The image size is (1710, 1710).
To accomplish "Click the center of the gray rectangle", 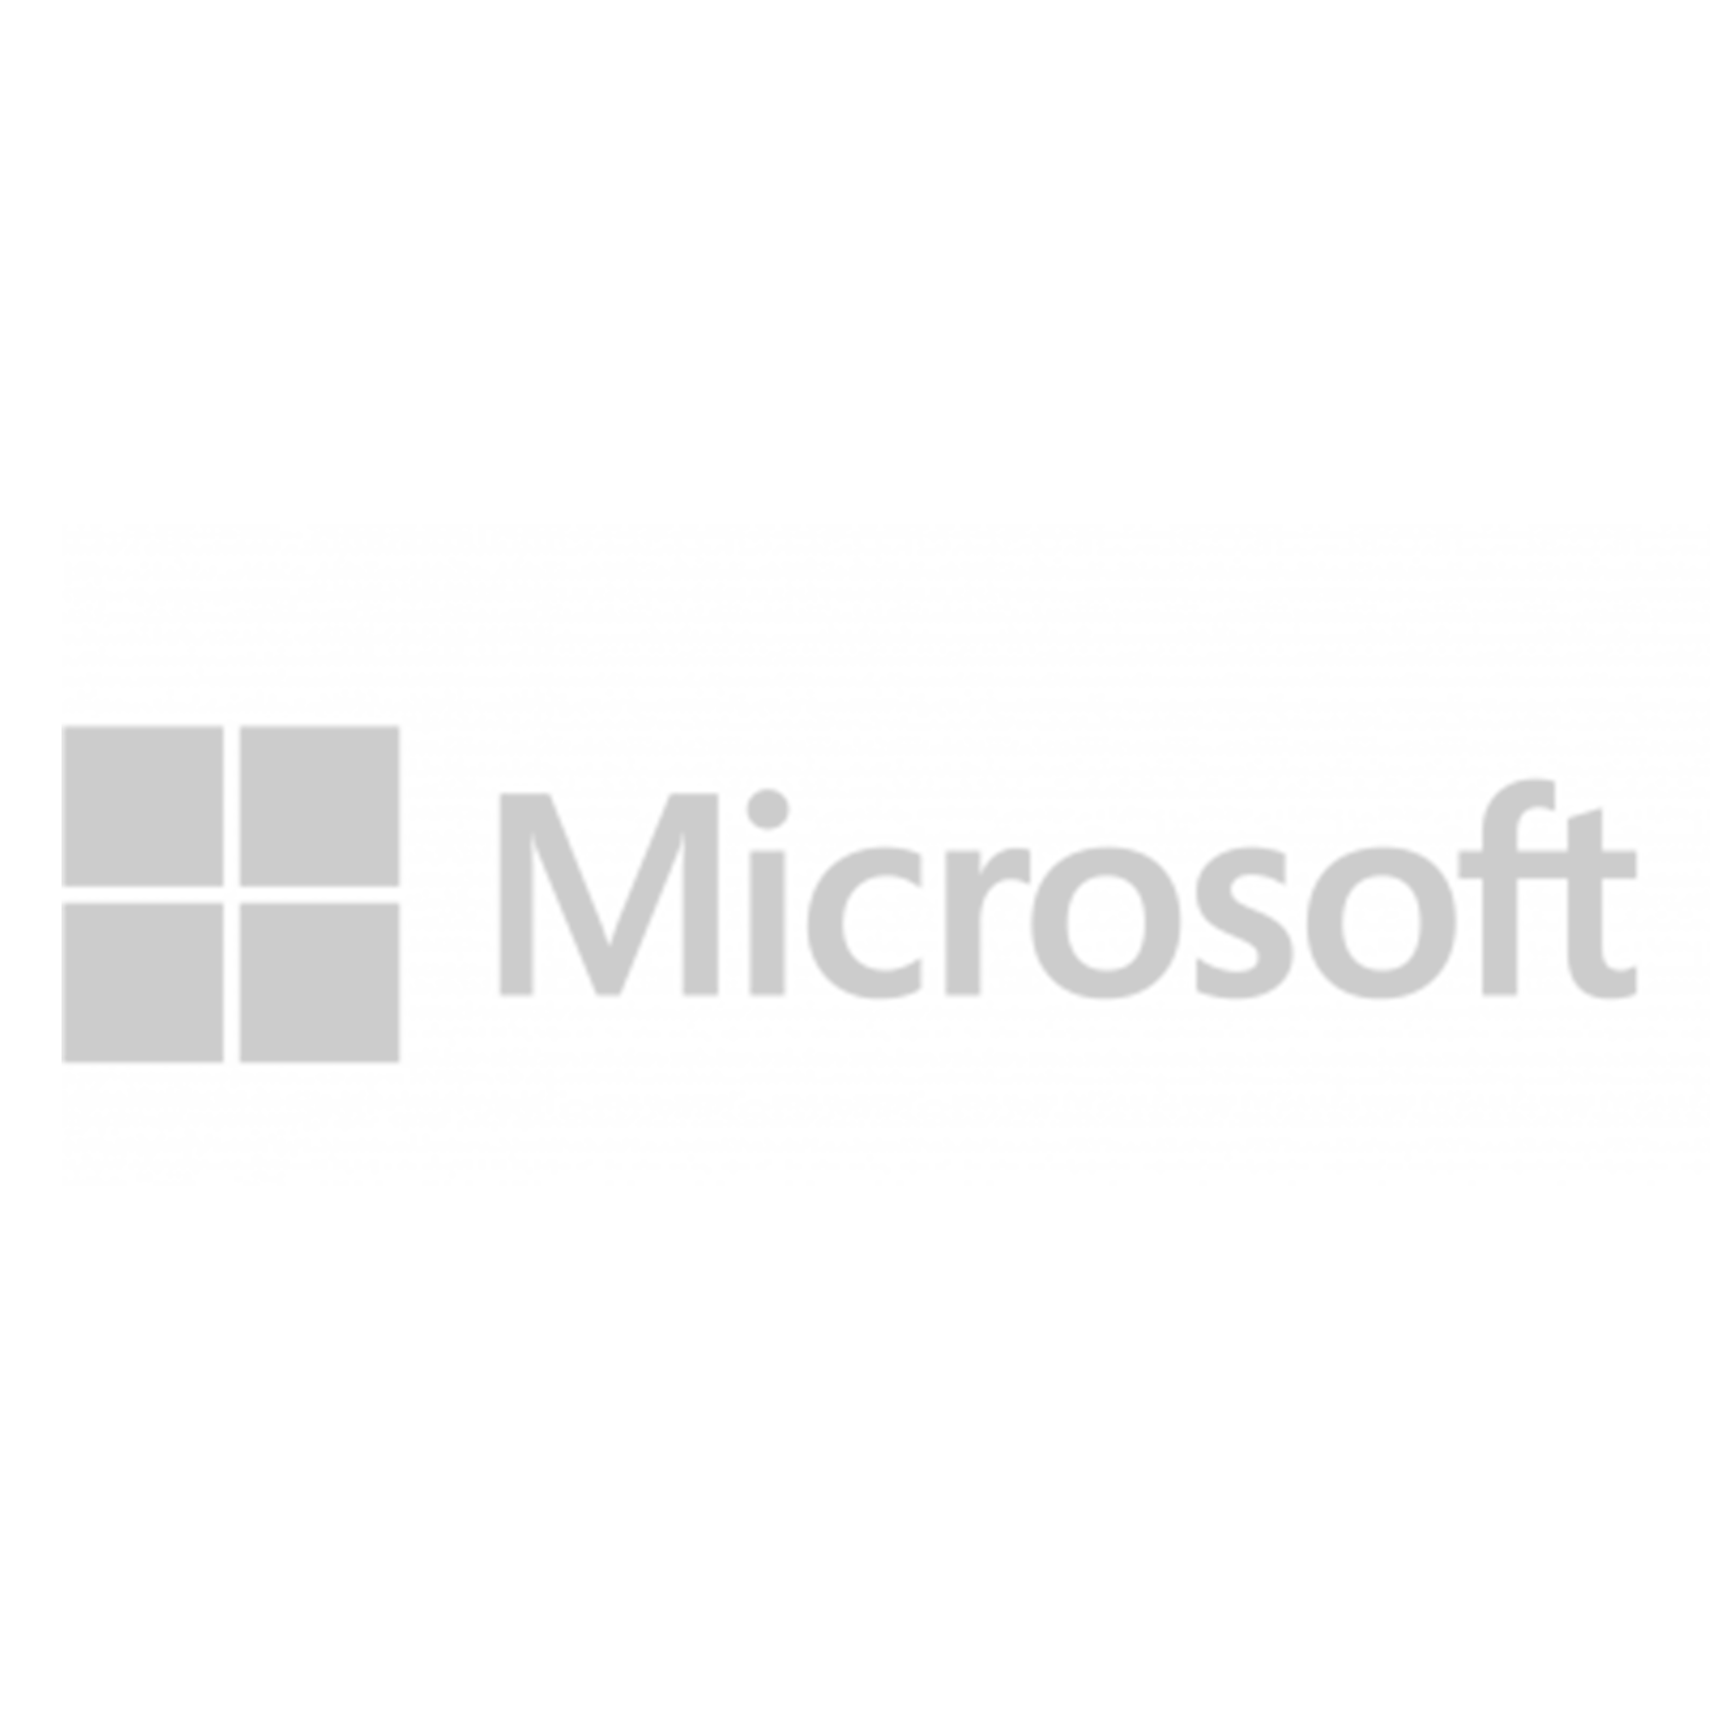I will click(885, 854).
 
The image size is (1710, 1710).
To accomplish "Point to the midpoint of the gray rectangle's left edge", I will click(62, 854).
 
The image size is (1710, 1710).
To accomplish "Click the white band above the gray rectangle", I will click(855, 266).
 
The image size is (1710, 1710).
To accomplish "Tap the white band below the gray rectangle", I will click(855, 1442).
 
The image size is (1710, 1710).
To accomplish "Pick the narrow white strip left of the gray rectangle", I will click(30, 854).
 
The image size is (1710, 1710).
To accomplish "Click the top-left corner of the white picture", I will click(1, 1).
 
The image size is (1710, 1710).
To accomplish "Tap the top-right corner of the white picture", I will click(1708, 1).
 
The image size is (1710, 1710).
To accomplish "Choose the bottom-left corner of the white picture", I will click(1, 1708).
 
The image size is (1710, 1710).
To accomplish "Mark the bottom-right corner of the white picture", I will click(1708, 1708).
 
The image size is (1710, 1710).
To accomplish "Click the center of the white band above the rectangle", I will click(855, 262).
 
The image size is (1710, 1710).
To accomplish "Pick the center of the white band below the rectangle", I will click(855, 1448).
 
